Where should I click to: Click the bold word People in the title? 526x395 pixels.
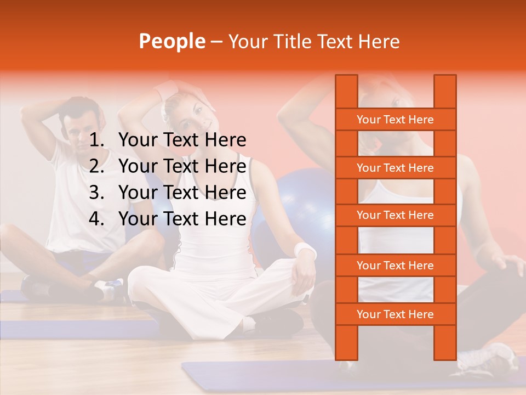[x=171, y=41]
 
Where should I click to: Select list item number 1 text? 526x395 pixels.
[x=182, y=140]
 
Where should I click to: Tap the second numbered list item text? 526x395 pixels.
[x=182, y=166]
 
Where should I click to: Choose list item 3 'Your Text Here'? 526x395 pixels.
[x=182, y=193]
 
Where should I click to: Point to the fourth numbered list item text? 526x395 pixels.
[x=182, y=219]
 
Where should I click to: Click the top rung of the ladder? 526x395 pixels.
[x=395, y=120]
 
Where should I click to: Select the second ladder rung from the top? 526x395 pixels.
[x=395, y=168]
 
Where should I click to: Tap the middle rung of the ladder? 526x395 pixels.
[x=395, y=215]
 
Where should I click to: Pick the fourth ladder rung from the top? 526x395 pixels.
[x=395, y=266]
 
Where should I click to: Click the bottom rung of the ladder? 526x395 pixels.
[x=395, y=314]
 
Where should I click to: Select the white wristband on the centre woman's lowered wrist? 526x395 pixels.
[x=305, y=251]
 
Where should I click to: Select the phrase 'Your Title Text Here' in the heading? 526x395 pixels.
[x=313, y=41]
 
